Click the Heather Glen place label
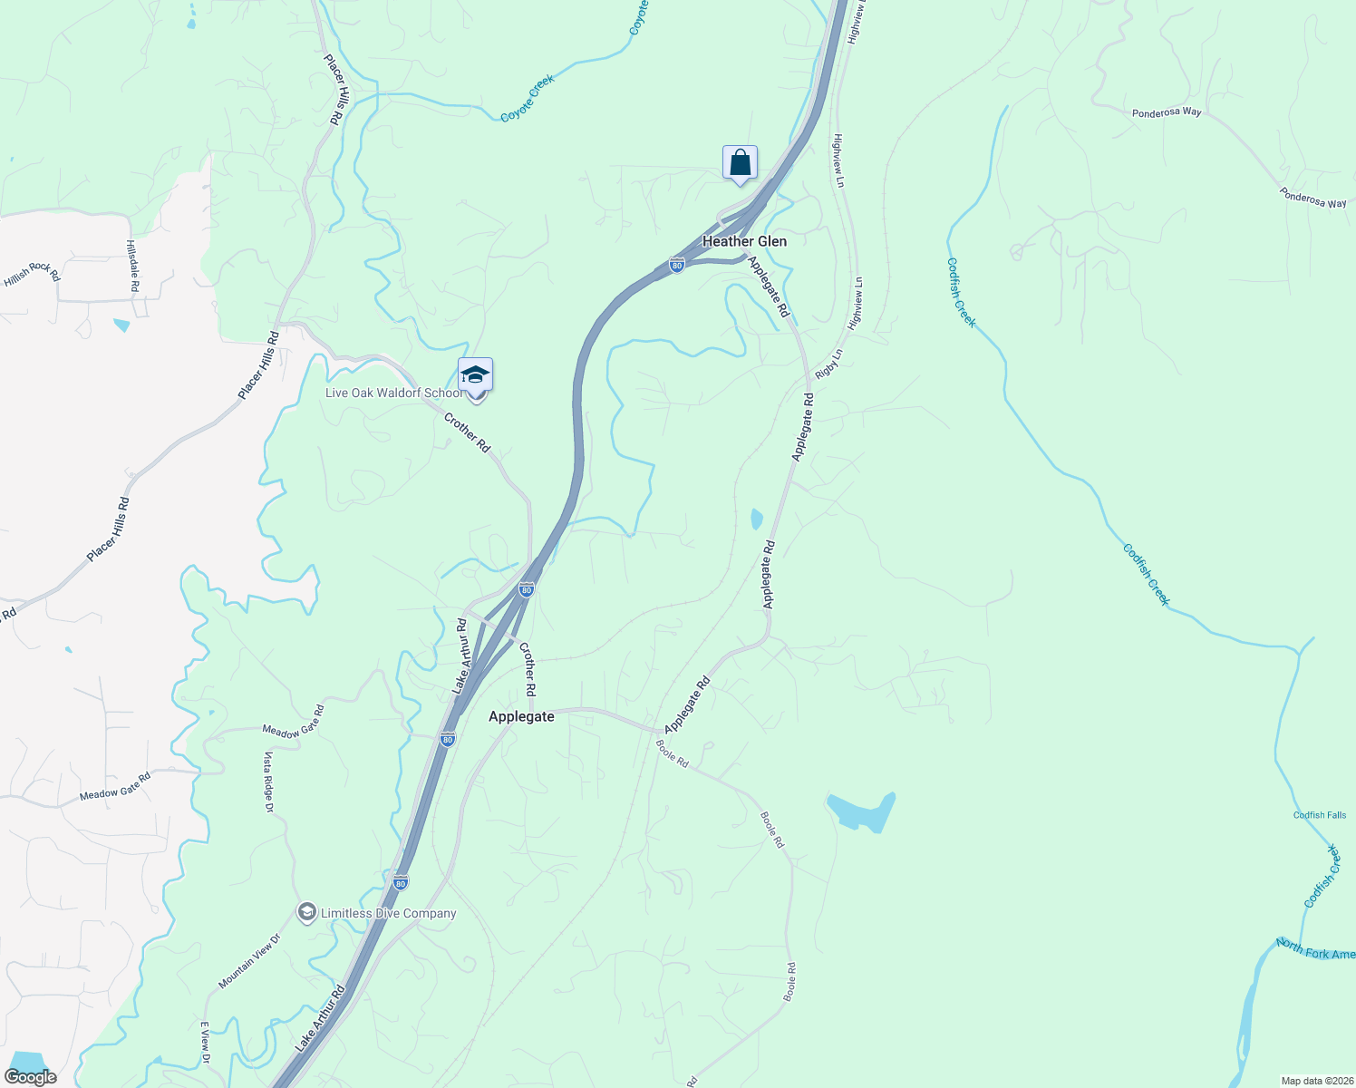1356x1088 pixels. [x=744, y=241]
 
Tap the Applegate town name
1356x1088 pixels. [x=521, y=716]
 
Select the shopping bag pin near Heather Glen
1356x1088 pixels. [x=740, y=164]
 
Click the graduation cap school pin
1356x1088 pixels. [x=475, y=376]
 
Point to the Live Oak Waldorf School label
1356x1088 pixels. [x=394, y=393]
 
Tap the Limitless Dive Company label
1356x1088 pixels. [x=388, y=913]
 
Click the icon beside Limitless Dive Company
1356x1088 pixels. [x=306, y=911]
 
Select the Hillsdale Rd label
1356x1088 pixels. [x=132, y=266]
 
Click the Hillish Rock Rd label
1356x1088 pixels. [x=32, y=273]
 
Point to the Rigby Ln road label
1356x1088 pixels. [x=828, y=364]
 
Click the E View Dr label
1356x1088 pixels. [x=205, y=1043]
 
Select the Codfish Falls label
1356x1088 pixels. [x=1319, y=815]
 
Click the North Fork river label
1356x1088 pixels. [x=1315, y=949]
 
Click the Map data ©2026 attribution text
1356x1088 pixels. [x=1314, y=1081]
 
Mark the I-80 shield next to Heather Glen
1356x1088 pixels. [x=677, y=265]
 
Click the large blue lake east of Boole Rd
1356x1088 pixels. [x=859, y=811]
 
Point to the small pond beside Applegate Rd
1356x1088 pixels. [x=757, y=519]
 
